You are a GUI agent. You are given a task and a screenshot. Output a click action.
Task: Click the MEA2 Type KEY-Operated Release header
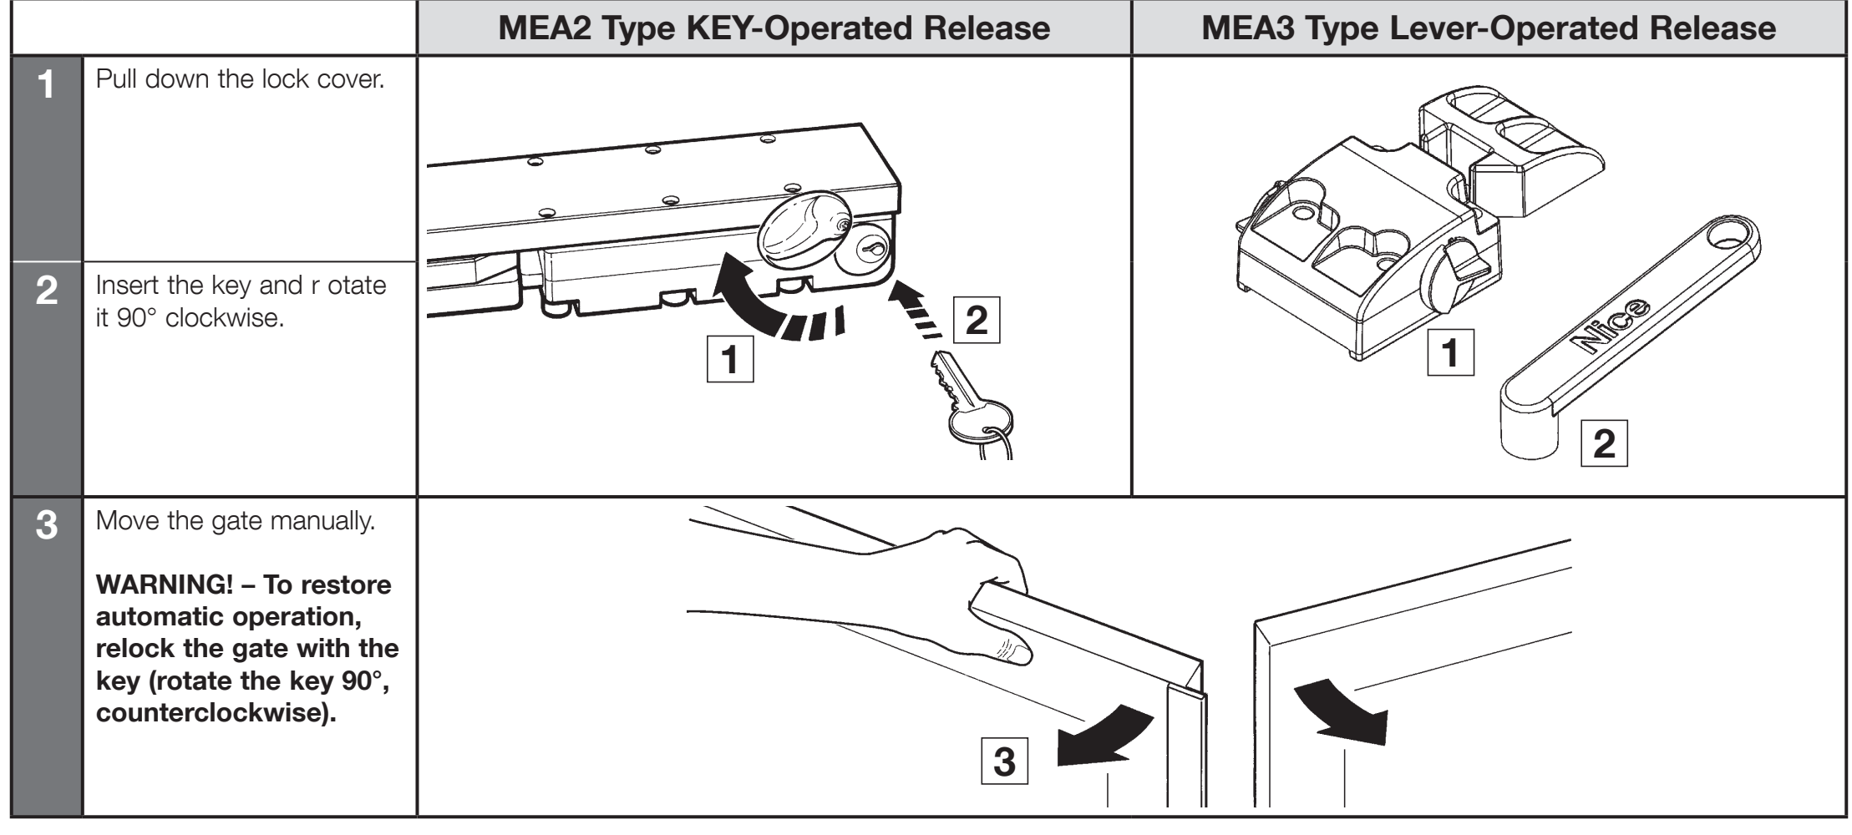(x=774, y=28)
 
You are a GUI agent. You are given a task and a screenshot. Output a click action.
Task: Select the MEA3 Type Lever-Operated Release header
(x=1489, y=28)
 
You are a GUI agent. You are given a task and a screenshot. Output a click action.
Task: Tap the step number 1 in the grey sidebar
(x=47, y=84)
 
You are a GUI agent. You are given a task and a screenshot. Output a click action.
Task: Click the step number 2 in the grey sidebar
(x=47, y=291)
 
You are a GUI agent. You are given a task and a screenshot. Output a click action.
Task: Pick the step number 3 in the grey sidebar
(x=47, y=526)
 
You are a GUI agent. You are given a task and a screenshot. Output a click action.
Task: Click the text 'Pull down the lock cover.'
(x=240, y=79)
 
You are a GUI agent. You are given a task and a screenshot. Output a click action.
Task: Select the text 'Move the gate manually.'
(x=236, y=521)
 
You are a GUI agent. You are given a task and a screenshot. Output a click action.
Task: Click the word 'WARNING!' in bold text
(x=164, y=584)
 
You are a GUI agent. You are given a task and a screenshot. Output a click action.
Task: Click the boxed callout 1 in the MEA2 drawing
(x=730, y=359)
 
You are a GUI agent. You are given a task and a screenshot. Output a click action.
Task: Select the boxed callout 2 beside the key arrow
(x=977, y=320)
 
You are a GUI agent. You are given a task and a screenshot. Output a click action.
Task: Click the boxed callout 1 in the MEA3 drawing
(x=1450, y=352)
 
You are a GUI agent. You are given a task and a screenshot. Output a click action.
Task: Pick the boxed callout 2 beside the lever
(x=1604, y=443)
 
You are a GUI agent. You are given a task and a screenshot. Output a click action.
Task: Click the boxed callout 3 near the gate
(x=1004, y=762)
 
